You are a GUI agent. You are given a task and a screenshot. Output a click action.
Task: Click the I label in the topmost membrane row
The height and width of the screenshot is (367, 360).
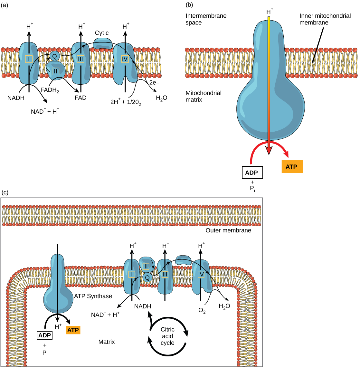coord(29,59)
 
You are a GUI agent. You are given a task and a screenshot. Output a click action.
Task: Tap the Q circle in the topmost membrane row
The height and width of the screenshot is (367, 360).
coord(54,56)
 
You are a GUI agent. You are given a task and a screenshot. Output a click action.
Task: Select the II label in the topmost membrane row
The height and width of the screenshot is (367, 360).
coord(55,71)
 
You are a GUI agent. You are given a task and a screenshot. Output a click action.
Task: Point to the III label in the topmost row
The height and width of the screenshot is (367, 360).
coord(81,59)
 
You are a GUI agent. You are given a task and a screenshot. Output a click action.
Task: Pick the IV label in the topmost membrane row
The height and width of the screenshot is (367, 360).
coord(125,59)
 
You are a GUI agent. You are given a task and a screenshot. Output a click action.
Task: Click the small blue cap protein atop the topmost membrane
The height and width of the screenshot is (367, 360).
coord(103,43)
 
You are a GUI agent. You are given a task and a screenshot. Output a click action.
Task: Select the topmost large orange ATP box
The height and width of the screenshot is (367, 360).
coord(292,167)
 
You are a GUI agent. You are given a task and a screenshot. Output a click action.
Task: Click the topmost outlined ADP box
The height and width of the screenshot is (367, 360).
coord(252,173)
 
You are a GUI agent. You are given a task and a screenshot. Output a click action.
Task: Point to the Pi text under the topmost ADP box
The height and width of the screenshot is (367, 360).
coord(252,189)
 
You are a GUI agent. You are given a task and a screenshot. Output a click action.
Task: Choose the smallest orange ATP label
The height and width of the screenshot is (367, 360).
coord(73,330)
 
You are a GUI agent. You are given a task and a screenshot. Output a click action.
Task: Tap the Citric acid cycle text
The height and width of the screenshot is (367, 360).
coord(167,336)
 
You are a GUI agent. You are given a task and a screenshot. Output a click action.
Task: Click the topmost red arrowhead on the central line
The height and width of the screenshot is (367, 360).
coord(269,150)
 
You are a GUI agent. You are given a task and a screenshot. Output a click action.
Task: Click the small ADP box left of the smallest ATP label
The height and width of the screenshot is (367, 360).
coord(44,335)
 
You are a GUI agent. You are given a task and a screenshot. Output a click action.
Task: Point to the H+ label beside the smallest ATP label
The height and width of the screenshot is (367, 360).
coord(58,326)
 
